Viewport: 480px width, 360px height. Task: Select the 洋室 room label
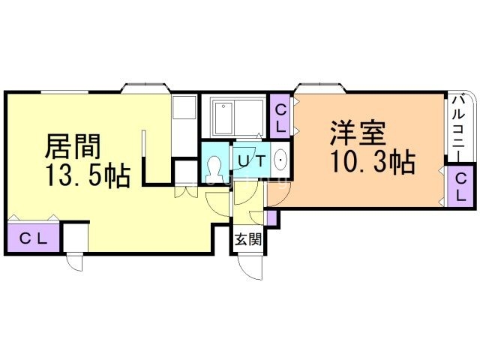tap(357, 133)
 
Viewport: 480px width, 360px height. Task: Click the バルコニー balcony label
tap(460, 124)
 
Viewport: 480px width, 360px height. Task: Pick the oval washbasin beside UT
tap(280, 159)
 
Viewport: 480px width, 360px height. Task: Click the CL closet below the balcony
tap(460, 187)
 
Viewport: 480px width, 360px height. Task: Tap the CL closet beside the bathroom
tap(280, 118)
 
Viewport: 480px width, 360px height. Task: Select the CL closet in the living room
tap(34, 239)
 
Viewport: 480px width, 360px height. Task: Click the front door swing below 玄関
tap(251, 266)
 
